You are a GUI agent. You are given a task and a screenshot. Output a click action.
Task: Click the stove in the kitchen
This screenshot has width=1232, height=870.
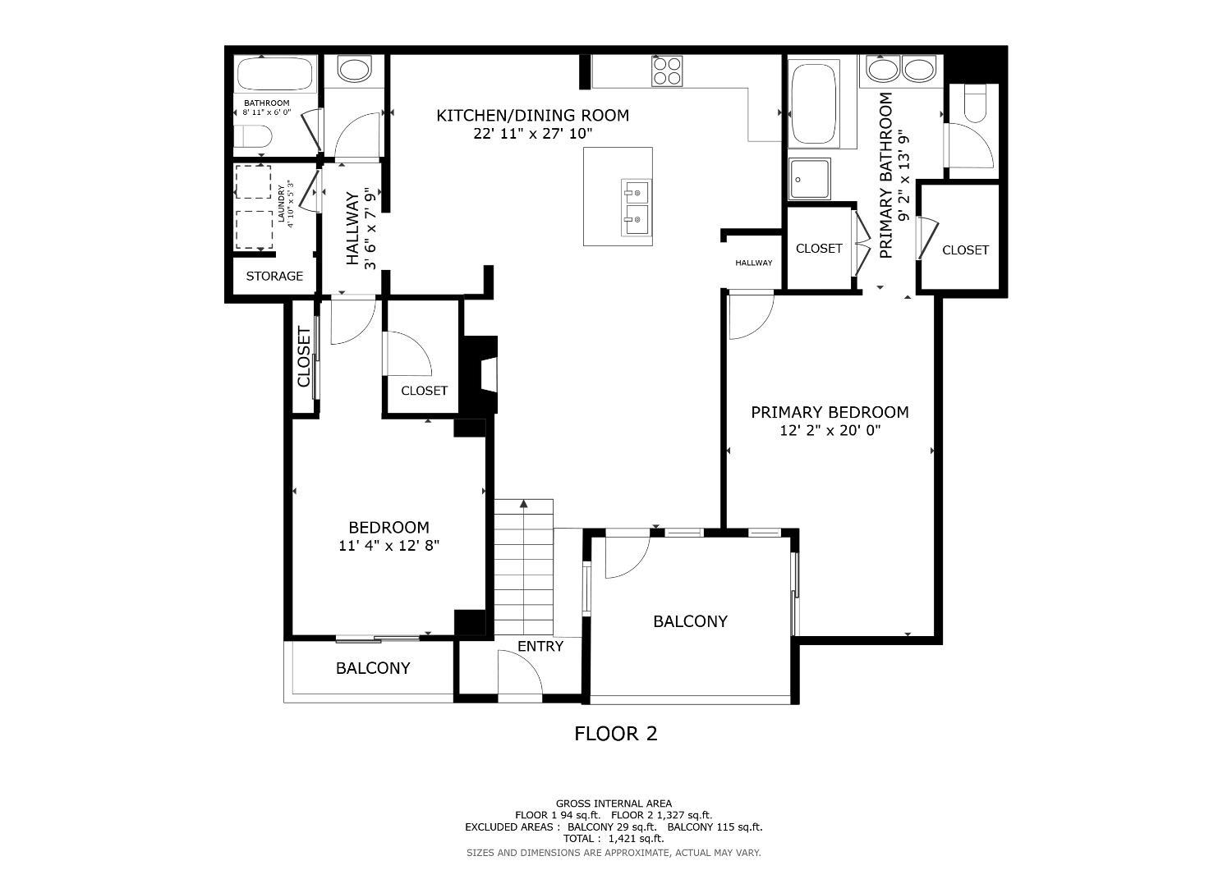pos(667,71)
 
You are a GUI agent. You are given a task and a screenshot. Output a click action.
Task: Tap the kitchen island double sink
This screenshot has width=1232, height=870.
pos(636,208)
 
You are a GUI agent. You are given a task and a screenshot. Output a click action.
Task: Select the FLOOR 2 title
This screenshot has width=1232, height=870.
pos(616,734)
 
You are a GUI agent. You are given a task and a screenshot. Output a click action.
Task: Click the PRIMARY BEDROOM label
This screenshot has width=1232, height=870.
pos(830,412)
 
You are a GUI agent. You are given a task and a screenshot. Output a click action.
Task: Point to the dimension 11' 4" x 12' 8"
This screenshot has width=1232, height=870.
pos(388,545)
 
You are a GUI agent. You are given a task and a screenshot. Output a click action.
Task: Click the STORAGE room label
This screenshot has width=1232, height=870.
pos(274,277)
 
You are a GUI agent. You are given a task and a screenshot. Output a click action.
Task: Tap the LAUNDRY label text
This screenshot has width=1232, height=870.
pos(281,204)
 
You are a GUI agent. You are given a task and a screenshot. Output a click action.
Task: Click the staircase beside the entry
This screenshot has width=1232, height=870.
pos(523,566)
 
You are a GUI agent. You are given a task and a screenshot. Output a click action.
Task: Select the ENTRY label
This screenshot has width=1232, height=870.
pos(540,647)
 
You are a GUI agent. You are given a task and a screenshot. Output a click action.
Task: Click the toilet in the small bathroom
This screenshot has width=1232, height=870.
pos(253,137)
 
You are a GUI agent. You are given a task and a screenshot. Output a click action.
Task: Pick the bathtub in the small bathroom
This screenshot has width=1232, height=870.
pos(276,75)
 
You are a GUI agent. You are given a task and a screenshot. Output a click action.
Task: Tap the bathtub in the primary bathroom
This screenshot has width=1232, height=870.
pos(814,102)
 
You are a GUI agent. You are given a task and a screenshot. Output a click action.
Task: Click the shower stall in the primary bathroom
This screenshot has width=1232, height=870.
pos(809,179)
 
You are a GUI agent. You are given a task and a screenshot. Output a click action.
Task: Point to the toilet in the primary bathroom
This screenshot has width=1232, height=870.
pos(977,104)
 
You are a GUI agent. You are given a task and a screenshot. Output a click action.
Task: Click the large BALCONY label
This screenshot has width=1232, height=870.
pos(690,621)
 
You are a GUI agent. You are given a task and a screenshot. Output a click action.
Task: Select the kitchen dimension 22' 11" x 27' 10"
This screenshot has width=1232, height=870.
pos(532,133)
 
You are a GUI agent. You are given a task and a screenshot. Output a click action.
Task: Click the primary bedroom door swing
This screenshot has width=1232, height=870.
pos(752,316)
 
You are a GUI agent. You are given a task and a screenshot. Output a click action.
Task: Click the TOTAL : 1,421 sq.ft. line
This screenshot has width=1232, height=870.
pos(614,839)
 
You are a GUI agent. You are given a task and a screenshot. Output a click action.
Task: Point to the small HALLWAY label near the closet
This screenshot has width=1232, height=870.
pos(753,263)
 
